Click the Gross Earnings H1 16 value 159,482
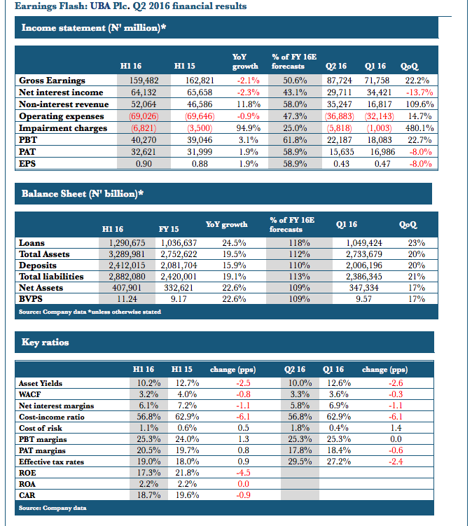click(x=144, y=81)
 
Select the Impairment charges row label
click(x=63, y=128)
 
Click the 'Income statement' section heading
click(x=95, y=28)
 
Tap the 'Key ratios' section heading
click(x=46, y=342)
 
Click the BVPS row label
click(x=32, y=298)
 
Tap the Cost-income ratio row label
click(x=53, y=417)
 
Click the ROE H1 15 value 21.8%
click(x=186, y=473)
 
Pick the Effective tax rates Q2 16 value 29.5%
click(x=298, y=462)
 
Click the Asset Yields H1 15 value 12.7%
click(x=186, y=383)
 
